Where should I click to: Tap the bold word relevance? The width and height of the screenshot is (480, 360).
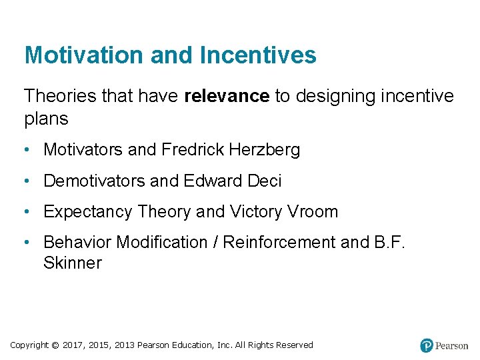tap(227, 97)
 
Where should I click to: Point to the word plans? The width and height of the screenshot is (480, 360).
tap(46, 119)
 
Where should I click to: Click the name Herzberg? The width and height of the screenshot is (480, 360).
tap(264, 150)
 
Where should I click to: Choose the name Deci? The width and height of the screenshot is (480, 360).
tap(264, 181)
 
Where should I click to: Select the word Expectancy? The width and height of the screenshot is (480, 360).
tap(87, 212)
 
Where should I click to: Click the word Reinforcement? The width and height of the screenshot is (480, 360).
tap(279, 243)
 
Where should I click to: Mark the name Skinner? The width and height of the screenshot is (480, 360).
tap(73, 263)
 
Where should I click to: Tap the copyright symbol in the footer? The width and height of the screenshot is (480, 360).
tap(56, 345)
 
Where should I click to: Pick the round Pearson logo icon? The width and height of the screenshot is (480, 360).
tap(427, 345)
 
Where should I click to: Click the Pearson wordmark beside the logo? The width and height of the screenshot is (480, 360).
tap(452, 345)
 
